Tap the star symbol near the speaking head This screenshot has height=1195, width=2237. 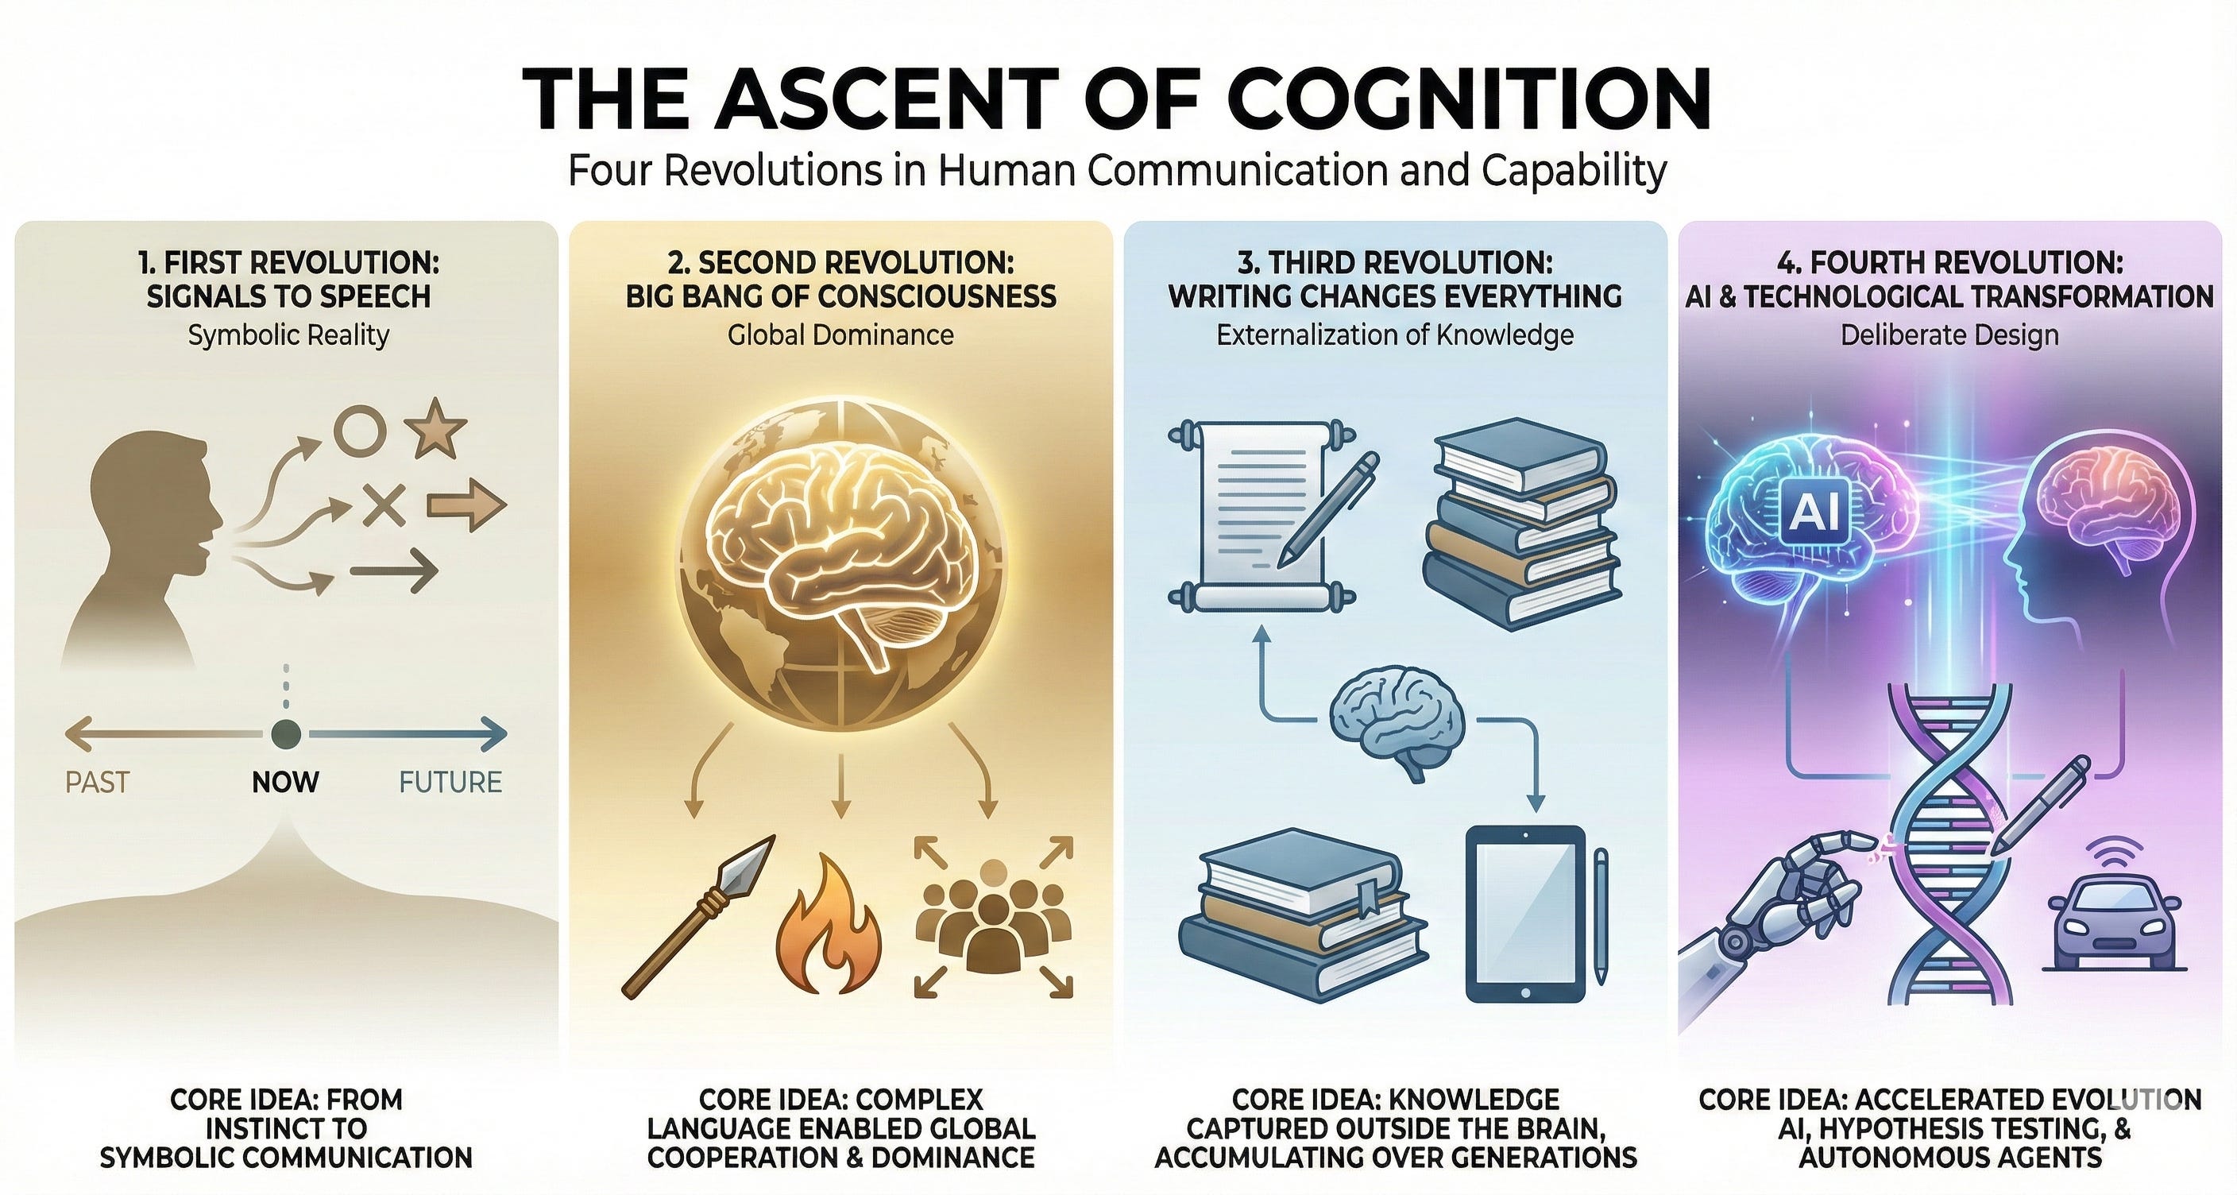[435, 428]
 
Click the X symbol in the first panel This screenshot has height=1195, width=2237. [383, 504]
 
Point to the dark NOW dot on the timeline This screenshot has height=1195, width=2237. [285, 734]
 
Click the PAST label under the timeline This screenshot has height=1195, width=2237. [96, 783]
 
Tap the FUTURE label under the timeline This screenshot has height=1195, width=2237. [450, 783]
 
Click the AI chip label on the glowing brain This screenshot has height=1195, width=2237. [1811, 511]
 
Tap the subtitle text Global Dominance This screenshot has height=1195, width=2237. [840, 335]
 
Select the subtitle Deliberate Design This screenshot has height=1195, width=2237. [1949, 335]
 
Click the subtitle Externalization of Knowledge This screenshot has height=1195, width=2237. [1394, 335]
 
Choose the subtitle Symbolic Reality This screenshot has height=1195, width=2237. [288, 335]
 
